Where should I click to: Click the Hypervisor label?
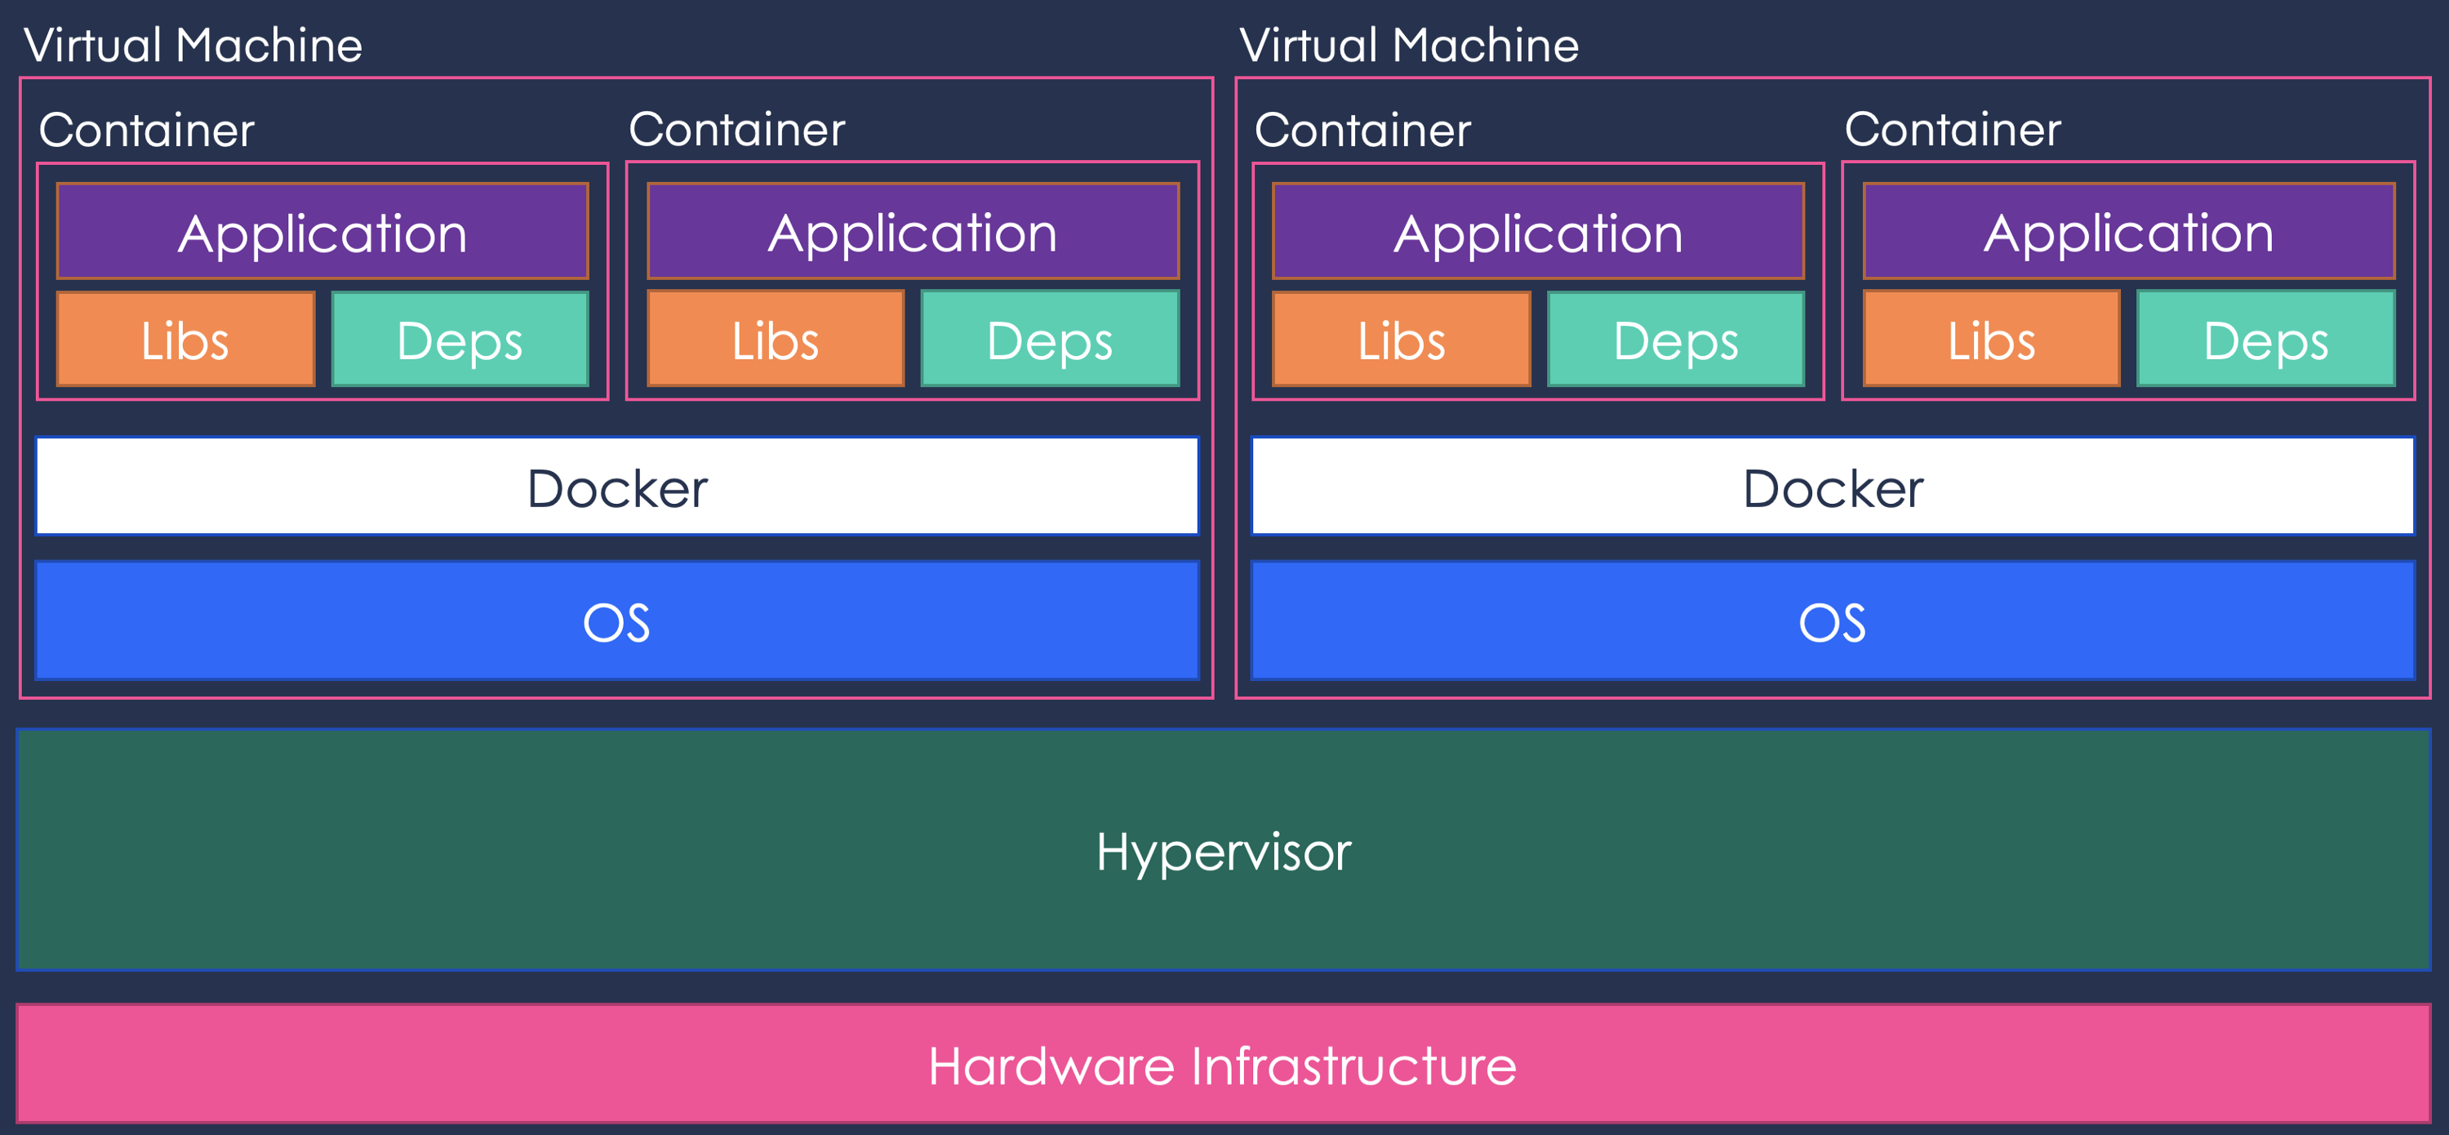pos(1223,851)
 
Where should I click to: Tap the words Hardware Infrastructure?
pos(1222,1065)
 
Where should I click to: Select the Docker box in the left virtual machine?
pos(617,487)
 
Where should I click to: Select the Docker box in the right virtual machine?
pos(1832,487)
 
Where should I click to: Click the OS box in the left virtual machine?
pos(617,621)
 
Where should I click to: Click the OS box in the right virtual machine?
pos(1832,621)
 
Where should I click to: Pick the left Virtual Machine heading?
pos(193,45)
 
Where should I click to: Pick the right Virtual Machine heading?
pos(1409,45)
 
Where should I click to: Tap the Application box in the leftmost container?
pos(322,232)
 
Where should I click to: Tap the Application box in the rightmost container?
pos(2129,232)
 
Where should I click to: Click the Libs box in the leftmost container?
pos(185,340)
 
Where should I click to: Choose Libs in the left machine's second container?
pos(775,340)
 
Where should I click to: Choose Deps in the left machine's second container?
pos(1050,340)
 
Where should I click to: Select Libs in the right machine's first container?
pos(1402,340)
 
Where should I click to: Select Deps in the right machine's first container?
pos(1676,340)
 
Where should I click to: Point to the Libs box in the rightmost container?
pos(1991,340)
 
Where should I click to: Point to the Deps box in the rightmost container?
pos(2265,340)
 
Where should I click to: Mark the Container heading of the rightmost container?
pos(1953,128)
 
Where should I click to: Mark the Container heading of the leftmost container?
pos(146,129)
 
